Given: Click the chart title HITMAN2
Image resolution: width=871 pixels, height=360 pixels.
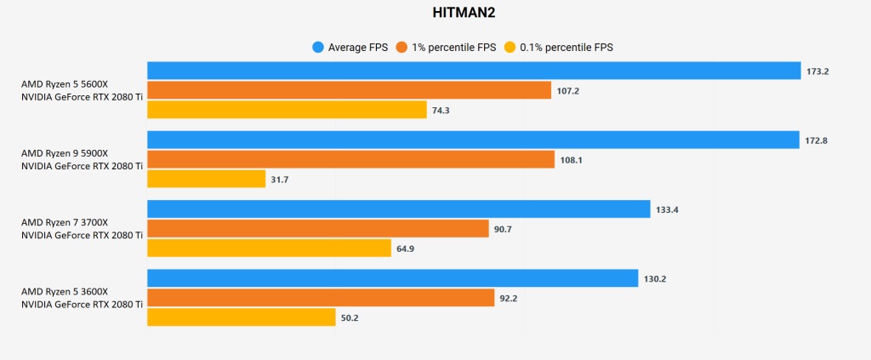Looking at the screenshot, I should click(435, 13).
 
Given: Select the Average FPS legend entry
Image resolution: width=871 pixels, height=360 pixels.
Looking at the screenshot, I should click(350, 48).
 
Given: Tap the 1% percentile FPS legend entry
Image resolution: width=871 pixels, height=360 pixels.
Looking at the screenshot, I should click(447, 48).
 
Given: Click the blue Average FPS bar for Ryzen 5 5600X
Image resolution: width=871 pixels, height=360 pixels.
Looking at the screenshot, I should click(474, 71).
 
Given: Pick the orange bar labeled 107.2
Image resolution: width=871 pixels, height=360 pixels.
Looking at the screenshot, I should click(349, 90).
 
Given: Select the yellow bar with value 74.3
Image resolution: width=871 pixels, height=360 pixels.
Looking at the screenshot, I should click(287, 110).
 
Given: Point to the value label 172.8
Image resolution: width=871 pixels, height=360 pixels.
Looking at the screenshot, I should click(817, 140).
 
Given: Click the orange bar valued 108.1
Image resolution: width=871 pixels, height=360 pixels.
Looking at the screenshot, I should click(351, 159).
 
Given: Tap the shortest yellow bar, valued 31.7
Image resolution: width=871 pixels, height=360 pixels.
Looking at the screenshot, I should click(207, 179).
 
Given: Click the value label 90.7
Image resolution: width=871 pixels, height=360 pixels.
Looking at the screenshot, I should click(505, 228).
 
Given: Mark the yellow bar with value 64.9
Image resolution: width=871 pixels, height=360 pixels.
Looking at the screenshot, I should click(269, 248).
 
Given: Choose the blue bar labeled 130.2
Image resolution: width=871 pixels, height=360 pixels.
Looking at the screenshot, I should click(392, 278).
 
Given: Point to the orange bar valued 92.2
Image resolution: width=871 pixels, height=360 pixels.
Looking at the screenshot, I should click(321, 297).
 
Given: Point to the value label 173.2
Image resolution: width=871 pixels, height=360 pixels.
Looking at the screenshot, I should click(817, 71).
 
